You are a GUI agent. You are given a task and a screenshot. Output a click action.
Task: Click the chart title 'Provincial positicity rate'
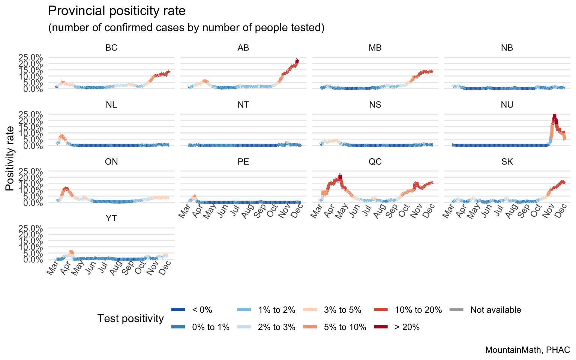(x=117, y=11)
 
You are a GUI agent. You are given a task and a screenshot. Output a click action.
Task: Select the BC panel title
(x=111, y=48)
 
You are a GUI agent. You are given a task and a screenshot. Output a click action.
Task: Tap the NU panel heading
(x=507, y=105)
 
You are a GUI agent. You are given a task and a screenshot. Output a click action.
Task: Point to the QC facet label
(x=375, y=162)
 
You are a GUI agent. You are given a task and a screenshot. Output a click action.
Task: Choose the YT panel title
(x=111, y=219)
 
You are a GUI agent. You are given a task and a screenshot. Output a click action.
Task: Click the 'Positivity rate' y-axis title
(x=10, y=158)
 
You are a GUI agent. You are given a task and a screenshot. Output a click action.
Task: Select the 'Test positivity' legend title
(x=130, y=318)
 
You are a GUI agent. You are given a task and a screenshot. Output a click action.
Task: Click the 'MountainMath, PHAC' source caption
(x=527, y=350)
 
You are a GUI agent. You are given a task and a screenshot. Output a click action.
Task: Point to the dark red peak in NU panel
(x=554, y=117)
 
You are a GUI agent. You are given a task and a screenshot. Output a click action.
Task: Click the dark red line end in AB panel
(x=297, y=60)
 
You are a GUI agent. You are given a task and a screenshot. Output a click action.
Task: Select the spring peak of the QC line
(x=340, y=176)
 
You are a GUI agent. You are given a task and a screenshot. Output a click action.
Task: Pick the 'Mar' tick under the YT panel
(x=52, y=268)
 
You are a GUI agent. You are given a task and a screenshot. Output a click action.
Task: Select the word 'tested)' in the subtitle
(x=306, y=28)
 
